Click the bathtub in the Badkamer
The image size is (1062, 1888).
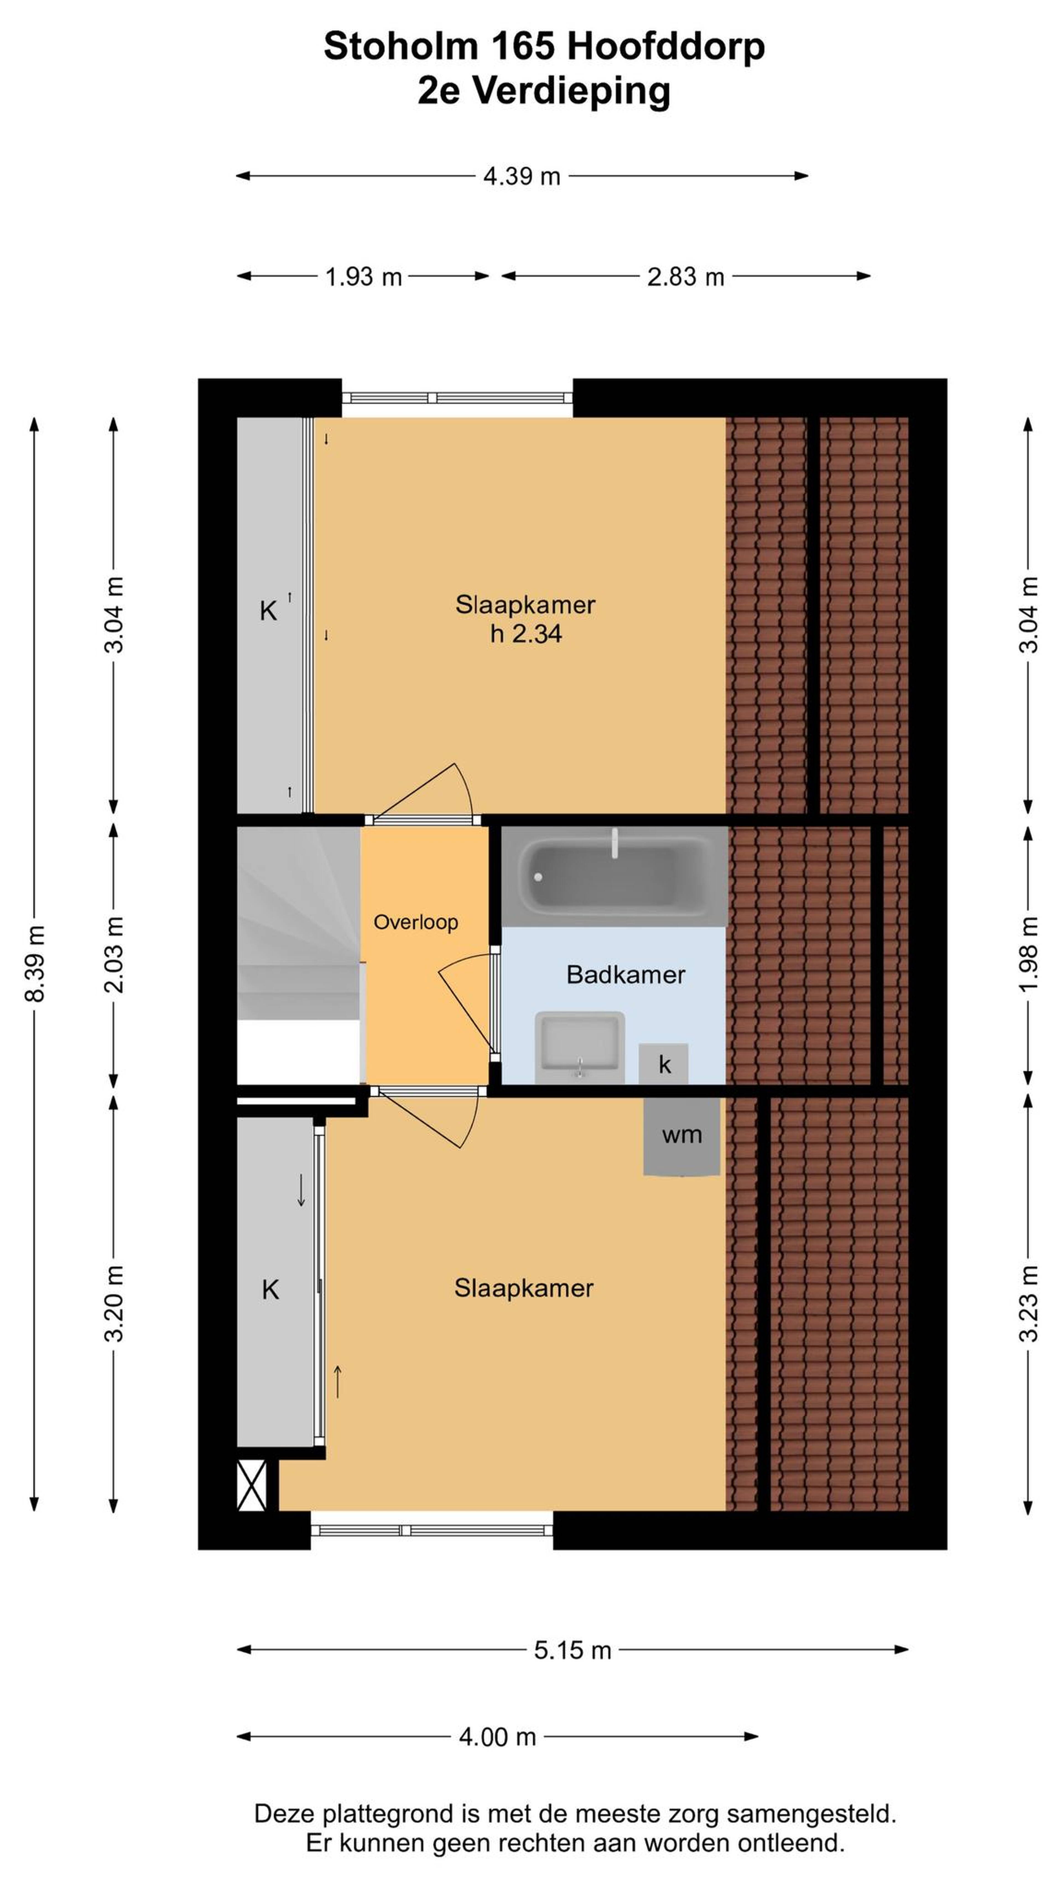click(614, 876)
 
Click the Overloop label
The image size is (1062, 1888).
click(416, 922)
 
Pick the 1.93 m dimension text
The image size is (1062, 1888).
click(363, 276)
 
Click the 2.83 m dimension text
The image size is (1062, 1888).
click(685, 276)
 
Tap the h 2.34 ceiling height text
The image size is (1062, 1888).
click(525, 633)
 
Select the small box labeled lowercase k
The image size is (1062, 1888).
click(663, 1063)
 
